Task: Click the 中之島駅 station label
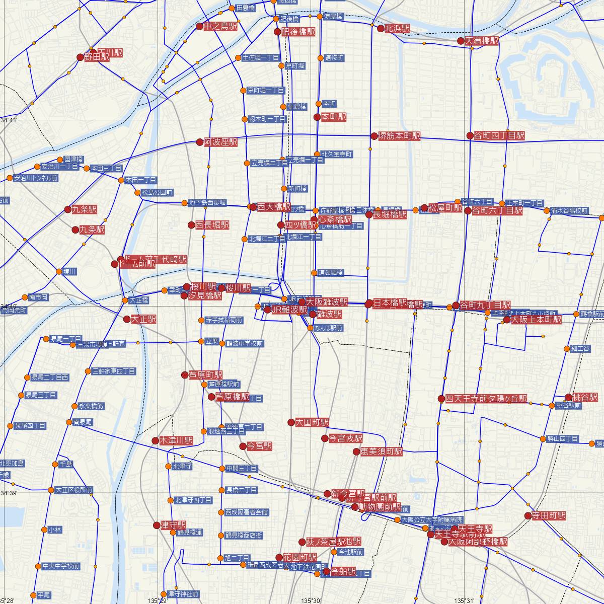220,27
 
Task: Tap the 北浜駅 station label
397,29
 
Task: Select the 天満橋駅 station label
481,41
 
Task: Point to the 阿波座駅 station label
220,142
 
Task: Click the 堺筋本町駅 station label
399,136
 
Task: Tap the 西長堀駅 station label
212,225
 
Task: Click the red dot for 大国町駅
291,422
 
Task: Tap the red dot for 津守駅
157,525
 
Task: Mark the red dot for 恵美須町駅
356,452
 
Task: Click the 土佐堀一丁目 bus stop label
260,57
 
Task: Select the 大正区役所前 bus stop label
73,490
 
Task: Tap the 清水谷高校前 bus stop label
568,210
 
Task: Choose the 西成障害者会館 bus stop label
247,512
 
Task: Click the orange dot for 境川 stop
59,272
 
